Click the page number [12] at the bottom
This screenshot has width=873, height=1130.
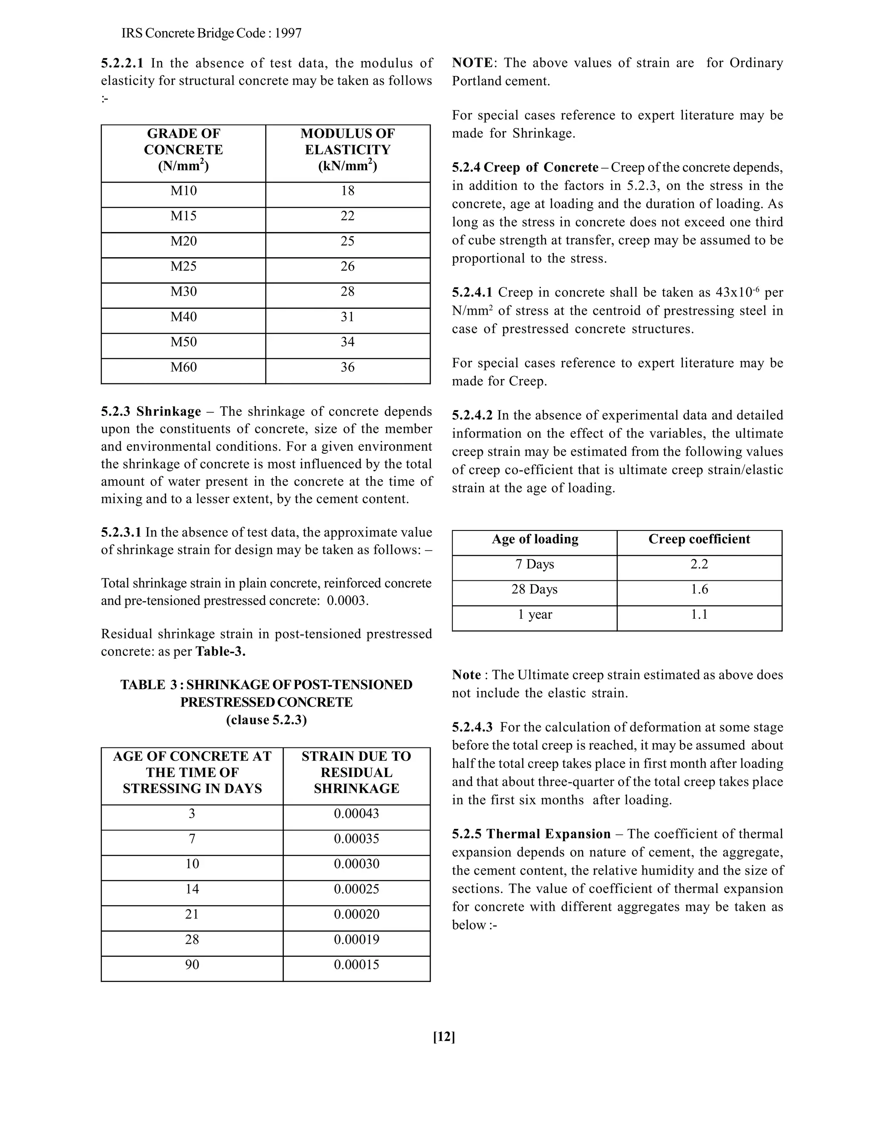444,1036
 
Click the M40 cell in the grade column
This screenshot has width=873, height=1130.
184,317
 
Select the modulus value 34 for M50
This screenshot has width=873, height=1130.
347,342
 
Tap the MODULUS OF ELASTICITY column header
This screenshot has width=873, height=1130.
347,150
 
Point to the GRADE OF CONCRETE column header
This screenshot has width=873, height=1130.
184,150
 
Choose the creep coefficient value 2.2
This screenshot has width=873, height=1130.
699,564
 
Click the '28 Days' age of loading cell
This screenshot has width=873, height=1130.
534,589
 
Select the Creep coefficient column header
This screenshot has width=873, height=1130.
699,539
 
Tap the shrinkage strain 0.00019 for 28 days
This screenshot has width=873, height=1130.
356,939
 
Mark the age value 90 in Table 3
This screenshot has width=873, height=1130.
192,965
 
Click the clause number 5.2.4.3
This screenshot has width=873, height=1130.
472,727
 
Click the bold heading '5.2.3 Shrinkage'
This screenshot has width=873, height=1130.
151,411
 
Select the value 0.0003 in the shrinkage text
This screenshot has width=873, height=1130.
347,601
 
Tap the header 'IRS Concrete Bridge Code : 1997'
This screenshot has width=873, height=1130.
211,34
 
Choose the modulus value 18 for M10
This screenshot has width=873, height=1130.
347,191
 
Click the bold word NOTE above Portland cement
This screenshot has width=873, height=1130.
472,63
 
